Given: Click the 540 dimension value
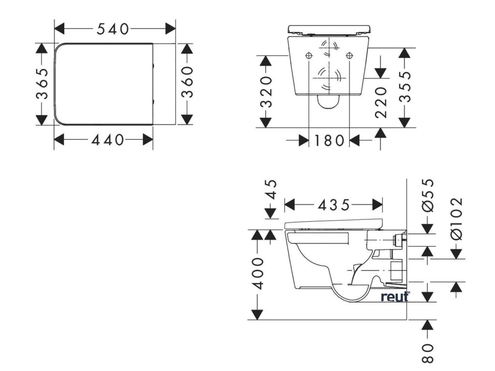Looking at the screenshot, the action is pyautogui.click(x=113, y=29).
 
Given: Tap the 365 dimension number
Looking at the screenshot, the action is pyautogui.click(x=43, y=83).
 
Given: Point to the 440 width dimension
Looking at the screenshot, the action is pyautogui.click(x=107, y=140).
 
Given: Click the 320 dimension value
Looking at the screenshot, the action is pyautogui.click(x=265, y=91).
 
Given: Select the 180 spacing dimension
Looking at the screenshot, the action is pyautogui.click(x=329, y=141).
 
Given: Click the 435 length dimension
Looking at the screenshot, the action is pyautogui.click(x=334, y=205).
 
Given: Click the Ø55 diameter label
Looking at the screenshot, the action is pyautogui.click(x=428, y=195).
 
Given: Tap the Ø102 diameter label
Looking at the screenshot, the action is pyautogui.click(x=456, y=217).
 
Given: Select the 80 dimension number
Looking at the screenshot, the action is pyautogui.click(x=427, y=353).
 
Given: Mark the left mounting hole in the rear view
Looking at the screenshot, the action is pyautogui.click(x=309, y=56).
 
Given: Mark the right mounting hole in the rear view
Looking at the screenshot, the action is pyautogui.click(x=349, y=56).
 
